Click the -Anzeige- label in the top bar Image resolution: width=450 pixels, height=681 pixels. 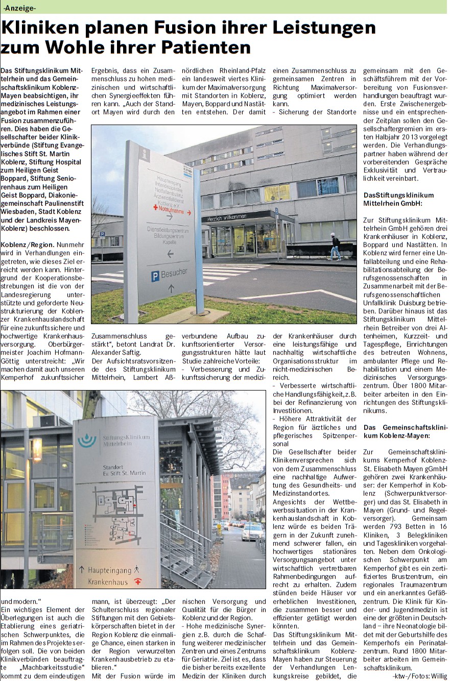19,7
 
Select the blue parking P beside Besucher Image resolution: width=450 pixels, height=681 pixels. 155,277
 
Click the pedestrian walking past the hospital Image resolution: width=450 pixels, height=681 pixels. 335,247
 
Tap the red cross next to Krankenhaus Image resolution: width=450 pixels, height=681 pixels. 137,581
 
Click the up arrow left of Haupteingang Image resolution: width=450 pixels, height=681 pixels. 81,569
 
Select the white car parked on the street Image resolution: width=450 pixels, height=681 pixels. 252,532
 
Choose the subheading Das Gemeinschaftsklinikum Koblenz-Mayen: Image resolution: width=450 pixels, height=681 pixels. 396,431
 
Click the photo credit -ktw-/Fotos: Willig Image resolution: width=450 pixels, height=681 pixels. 419,676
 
